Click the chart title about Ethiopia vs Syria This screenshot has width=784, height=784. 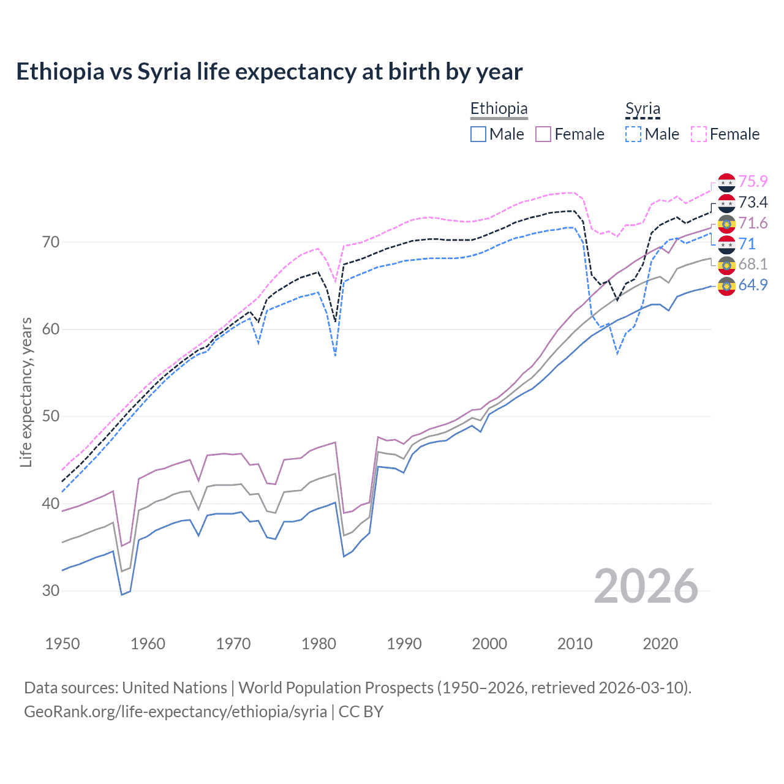click(269, 72)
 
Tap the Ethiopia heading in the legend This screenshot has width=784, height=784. click(499, 109)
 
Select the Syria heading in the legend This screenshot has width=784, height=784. click(643, 109)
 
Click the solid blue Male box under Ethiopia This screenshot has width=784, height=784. click(478, 134)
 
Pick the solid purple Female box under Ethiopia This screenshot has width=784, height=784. click(543, 134)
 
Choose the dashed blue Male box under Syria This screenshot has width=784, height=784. click(633, 134)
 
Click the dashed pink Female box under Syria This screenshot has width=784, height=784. click(699, 134)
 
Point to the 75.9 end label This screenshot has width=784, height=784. click(753, 182)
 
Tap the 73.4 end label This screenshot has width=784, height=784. click(753, 202)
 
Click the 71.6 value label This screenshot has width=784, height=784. click(753, 223)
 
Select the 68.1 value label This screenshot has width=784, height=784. click(753, 264)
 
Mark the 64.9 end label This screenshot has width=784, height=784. click(753, 285)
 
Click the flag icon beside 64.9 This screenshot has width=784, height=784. click(726, 286)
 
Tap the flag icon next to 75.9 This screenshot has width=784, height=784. click(726, 183)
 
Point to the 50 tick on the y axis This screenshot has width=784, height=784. click(51, 417)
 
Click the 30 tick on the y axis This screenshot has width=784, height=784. click(51, 591)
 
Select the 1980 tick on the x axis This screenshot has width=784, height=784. click(318, 644)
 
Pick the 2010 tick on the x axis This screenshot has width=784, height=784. click(575, 644)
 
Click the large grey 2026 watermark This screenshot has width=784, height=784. click(646, 586)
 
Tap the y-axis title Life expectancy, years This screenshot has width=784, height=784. click(26, 392)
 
